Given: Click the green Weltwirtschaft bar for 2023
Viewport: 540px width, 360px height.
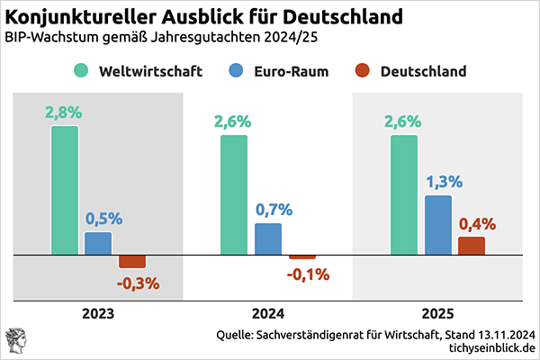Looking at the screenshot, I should click(65, 191).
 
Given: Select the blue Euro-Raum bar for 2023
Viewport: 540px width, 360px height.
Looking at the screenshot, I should click(98, 244).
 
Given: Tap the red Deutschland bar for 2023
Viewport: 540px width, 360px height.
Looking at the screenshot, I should click(132, 262).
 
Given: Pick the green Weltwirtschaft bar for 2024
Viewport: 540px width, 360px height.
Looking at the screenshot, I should click(234, 195).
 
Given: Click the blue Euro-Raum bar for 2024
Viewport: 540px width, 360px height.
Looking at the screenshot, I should click(268, 239).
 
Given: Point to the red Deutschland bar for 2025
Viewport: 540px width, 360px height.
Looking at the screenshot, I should click(471, 247).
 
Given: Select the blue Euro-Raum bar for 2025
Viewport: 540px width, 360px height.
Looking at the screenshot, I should click(437, 225).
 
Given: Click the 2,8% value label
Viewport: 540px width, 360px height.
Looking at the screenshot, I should click(63, 112).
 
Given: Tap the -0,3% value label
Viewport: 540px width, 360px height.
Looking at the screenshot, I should click(138, 283).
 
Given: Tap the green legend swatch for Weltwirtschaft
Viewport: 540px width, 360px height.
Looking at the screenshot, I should click(83, 70).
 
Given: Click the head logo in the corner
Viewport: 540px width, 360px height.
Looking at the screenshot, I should click(18, 340).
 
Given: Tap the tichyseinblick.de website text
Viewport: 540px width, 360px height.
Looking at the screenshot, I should click(485, 347).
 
